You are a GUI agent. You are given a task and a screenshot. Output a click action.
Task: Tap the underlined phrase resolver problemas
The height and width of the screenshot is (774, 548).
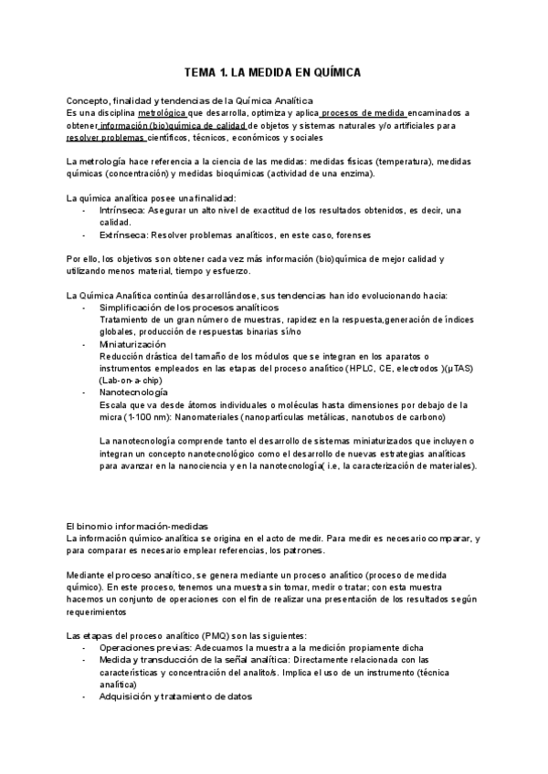pyautogui.click(x=105, y=138)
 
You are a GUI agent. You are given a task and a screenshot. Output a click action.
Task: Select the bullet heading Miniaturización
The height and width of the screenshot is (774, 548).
pyautogui.click(x=133, y=344)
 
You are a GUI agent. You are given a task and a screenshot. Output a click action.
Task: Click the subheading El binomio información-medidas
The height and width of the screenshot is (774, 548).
pyautogui.click(x=137, y=527)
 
